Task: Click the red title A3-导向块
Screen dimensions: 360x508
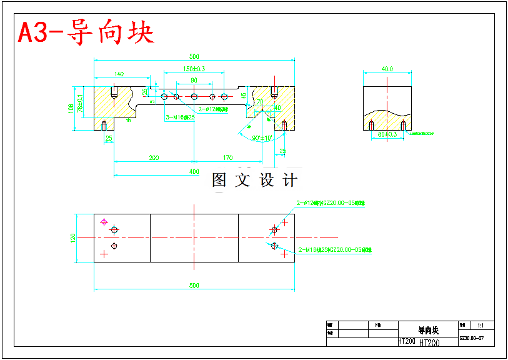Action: tap(86, 32)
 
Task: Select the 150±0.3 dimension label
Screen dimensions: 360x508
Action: tap(194, 69)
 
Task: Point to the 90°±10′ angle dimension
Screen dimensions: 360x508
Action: tap(261, 138)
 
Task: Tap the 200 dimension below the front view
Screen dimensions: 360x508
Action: tap(154, 158)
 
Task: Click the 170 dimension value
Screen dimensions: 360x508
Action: tap(227, 158)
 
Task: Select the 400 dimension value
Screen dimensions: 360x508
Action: tap(194, 171)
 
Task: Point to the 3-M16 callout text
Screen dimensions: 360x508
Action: tap(180, 117)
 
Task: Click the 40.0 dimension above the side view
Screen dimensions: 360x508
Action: tap(387, 69)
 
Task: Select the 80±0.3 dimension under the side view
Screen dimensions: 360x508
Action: tap(387, 134)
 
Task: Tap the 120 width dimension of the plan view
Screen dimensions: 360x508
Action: tap(73, 237)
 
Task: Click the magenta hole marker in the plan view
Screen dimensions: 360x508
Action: tap(104, 221)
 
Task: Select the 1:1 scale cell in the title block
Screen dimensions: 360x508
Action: tap(481, 326)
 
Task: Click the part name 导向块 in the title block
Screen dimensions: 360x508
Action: tap(428, 330)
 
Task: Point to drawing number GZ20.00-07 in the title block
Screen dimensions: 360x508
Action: tap(472, 338)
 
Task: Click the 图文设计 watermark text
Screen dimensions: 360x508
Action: tap(255, 181)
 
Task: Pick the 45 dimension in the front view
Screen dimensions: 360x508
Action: tap(243, 96)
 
